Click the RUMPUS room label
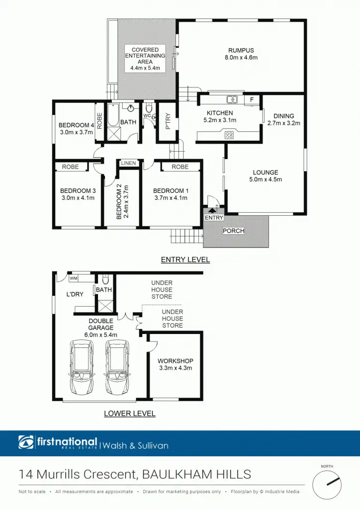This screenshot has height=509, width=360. pos(241,50)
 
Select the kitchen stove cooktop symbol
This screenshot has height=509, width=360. pos(230,134)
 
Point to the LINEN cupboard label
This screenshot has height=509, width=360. pos(128,163)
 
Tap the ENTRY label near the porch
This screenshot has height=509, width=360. pos(214,218)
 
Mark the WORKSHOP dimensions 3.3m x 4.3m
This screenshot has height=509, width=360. pos(175,368)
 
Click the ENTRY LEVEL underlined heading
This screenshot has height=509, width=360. pos(185,259)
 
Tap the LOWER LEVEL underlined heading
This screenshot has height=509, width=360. pos(129,414)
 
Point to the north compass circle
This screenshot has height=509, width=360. pos(326,484)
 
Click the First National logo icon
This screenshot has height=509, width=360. pos(26,442)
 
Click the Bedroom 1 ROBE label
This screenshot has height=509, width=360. pos(180,167)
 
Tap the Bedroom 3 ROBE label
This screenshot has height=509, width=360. pos(70,167)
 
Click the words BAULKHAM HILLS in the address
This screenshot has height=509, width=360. pos(196,474)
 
